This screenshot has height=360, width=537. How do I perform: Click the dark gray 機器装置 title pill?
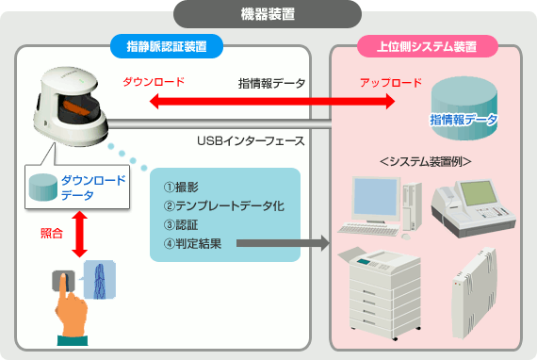(268, 14)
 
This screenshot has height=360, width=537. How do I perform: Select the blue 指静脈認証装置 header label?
(167, 46)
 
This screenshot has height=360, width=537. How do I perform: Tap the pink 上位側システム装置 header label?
(427, 46)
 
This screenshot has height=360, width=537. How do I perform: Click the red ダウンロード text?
(154, 82)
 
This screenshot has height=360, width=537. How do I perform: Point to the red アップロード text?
(391, 83)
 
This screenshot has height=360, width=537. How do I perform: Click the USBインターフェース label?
(251, 140)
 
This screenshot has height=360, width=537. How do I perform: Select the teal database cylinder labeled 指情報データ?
(464, 108)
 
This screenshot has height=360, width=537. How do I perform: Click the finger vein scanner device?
(71, 106)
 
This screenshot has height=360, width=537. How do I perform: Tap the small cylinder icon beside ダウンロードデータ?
(42, 187)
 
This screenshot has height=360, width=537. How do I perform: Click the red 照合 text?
(52, 234)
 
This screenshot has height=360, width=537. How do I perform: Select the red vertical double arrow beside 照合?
(79, 234)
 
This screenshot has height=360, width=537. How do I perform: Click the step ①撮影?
(181, 188)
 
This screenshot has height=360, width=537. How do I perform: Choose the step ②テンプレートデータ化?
(224, 206)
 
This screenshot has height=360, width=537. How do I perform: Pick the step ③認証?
(181, 225)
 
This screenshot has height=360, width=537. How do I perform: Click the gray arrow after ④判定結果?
(283, 243)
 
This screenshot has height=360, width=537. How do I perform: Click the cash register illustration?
(473, 208)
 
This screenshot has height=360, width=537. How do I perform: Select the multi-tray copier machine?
(380, 293)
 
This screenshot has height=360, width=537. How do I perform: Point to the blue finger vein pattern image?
(100, 280)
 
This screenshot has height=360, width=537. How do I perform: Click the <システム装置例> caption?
(426, 161)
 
